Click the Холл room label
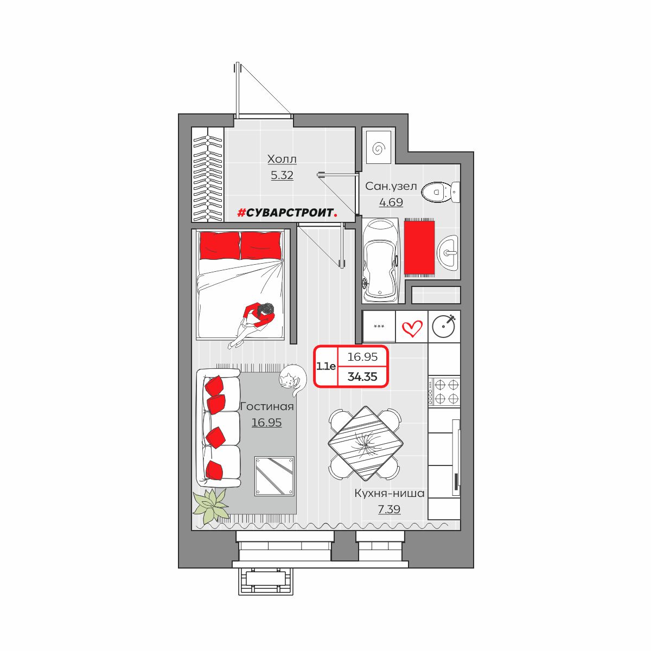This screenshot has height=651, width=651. point(282,159)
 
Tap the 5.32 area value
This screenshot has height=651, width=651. point(282,175)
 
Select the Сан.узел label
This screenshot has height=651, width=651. point(391,186)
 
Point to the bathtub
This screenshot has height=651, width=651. point(381,260)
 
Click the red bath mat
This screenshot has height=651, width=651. point(419,248)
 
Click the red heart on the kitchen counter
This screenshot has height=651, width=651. point(412,328)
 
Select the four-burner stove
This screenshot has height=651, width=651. point(444,391)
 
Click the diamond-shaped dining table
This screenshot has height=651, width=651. point(366,443)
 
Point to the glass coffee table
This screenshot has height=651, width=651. point(275,476)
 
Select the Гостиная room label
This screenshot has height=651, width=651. point(267,406)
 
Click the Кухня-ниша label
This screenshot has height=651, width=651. point(389,493)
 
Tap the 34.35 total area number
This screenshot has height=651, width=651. point(362,376)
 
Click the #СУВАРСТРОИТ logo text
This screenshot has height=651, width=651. point(288,213)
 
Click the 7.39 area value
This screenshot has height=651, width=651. point(389,509)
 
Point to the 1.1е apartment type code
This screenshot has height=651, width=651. point(326,366)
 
